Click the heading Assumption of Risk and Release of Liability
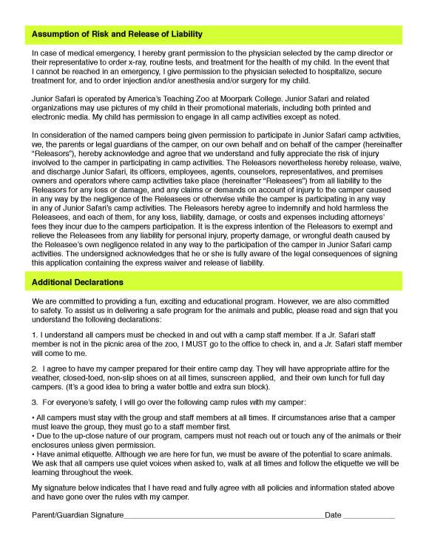[117, 34]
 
